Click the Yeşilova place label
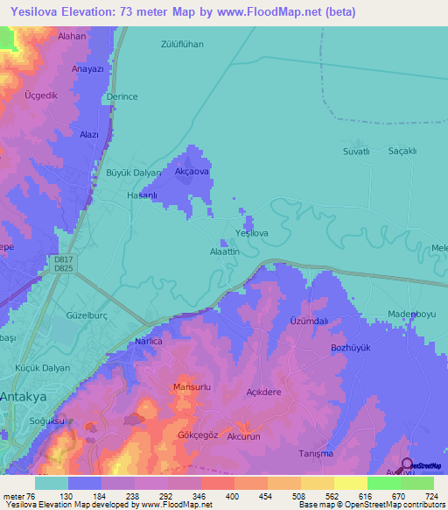[251, 233]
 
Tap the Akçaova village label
[192, 172]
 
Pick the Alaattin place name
[224, 251]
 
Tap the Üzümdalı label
[308, 322]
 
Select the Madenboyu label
[411, 315]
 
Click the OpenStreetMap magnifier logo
[406, 464]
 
